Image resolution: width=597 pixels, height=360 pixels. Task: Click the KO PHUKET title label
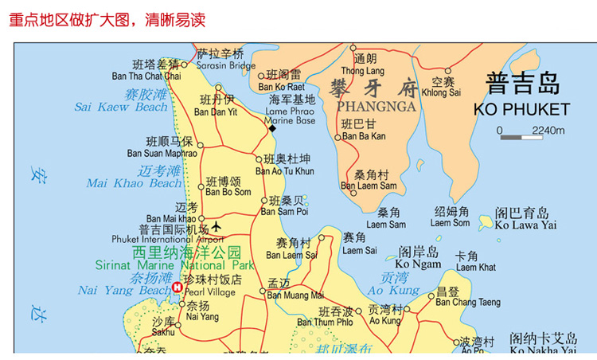point(521,109)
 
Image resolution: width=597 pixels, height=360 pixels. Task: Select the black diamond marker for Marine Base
point(271,128)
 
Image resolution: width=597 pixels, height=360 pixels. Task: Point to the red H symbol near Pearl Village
point(178,288)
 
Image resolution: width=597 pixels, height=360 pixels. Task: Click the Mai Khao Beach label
point(135,183)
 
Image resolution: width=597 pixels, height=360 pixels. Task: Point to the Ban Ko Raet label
point(281,87)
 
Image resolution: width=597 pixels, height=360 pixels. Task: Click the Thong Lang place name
point(362,71)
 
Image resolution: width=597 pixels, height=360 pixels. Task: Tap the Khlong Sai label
point(442,92)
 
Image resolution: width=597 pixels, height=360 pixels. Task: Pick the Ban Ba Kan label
point(363,136)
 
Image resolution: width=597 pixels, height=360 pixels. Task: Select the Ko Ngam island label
point(418,264)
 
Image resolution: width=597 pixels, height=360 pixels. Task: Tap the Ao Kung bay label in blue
point(394,291)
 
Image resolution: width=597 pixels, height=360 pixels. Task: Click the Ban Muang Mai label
point(295,295)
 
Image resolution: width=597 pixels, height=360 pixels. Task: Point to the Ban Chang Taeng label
point(468,302)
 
